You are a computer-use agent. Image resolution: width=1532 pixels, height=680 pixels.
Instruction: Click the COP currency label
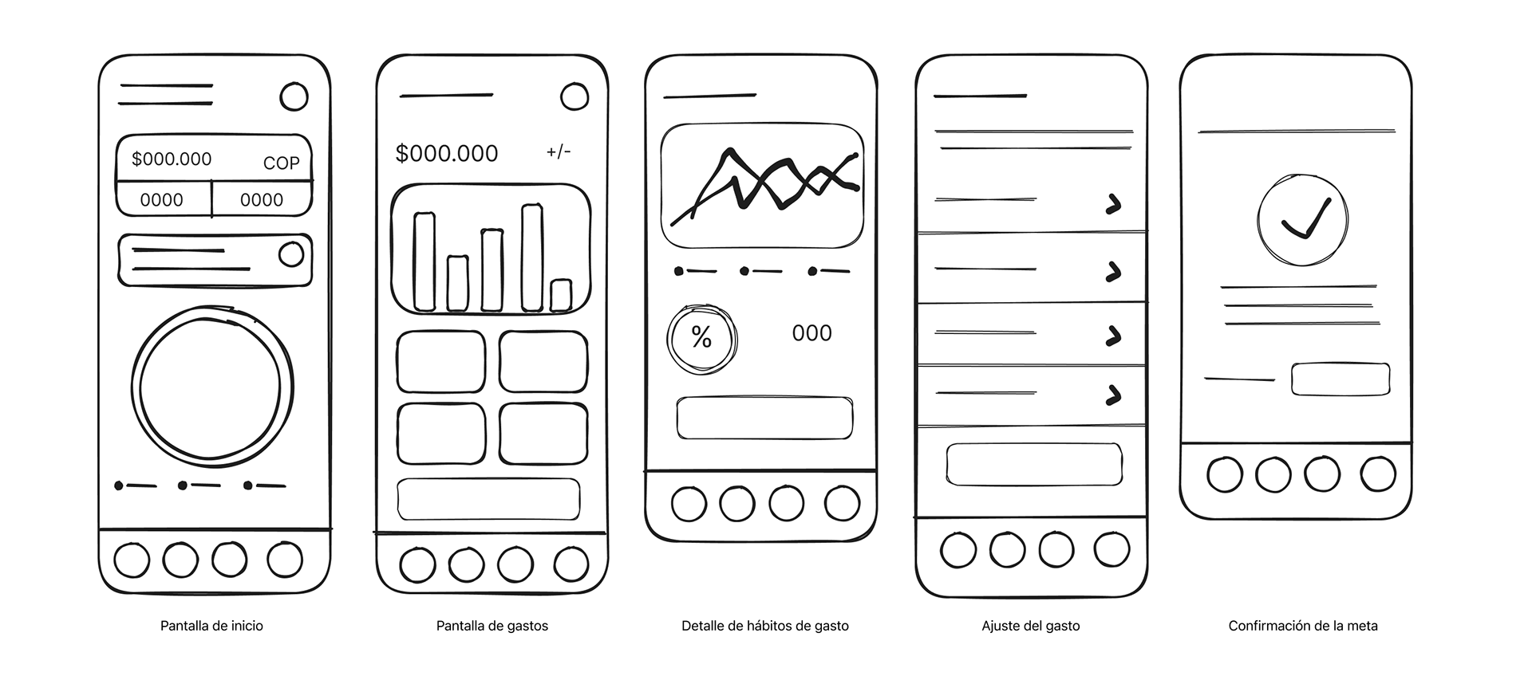click(281, 163)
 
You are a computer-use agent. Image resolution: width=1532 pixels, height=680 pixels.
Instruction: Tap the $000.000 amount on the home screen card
click(172, 159)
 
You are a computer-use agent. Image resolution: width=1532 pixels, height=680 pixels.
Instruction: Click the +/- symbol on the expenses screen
click(559, 151)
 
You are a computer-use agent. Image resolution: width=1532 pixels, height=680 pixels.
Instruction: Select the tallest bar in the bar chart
click(532, 257)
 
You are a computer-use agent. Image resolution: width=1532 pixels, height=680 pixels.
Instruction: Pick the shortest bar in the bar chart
click(561, 295)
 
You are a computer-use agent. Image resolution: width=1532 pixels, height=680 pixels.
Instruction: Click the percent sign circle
click(702, 338)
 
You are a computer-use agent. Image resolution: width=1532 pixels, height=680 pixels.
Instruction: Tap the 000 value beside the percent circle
click(811, 333)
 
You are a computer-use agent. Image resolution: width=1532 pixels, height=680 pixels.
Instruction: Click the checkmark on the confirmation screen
click(1306, 218)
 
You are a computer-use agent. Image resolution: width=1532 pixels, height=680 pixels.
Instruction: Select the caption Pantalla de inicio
click(211, 626)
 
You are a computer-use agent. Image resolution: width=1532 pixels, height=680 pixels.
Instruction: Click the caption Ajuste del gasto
click(1031, 626)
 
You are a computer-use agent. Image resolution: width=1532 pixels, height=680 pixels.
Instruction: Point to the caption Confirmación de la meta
click(1303, 626)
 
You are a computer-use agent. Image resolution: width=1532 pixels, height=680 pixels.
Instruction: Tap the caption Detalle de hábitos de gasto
click(765, 626)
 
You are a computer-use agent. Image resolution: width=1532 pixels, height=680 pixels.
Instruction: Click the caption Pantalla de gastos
click(492, 626)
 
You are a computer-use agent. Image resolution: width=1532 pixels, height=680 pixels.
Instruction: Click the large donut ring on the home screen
click(134, 387)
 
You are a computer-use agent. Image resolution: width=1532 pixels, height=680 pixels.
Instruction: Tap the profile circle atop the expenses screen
click(574, 97)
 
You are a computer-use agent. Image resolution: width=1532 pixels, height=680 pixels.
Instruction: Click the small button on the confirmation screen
click(1340, 379)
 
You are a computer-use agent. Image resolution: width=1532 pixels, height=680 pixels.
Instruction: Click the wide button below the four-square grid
click(488, 498)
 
